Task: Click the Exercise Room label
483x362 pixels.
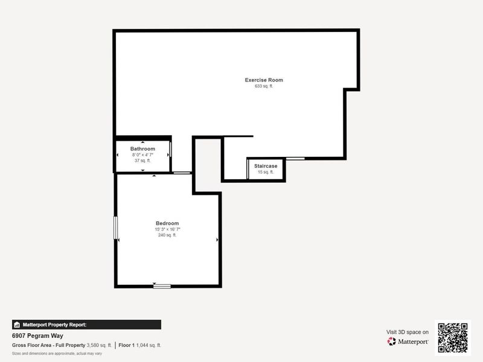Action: [264, 80]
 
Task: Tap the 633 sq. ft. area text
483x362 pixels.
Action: [264, 86]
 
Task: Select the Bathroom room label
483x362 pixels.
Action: [142, 149]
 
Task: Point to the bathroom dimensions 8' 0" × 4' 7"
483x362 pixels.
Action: [142, 155]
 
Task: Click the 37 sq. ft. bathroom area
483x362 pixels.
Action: [142, 160]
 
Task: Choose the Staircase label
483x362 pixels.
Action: [266, 166]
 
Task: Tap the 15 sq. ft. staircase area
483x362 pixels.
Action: [266, 172]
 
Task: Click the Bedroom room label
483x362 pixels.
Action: [167, 223]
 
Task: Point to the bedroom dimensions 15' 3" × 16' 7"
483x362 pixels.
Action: [167, 229]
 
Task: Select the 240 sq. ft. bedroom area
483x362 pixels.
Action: [167, 235]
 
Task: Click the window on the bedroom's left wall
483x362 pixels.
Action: [115, 229]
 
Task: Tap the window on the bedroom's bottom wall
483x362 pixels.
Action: [162, 285]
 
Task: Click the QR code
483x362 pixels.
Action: [453, 337]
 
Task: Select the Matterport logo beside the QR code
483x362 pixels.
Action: [408, 341]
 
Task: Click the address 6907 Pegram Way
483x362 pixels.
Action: [37, 336]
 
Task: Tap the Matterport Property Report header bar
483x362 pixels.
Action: [86, 325]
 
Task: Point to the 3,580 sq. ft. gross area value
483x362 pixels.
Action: [99, 345]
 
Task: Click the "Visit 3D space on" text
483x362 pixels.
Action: [408, 332]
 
